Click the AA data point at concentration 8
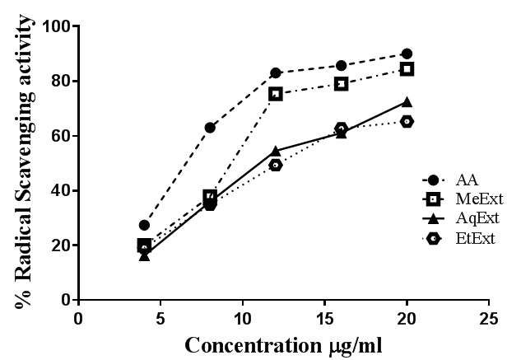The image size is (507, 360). [210, 128]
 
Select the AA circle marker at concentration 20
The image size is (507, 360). [407, 54]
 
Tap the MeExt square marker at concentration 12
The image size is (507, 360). [276, 94]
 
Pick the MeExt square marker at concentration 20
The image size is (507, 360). [407, 69]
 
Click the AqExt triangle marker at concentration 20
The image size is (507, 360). [407, 102]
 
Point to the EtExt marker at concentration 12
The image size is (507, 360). [276, 165]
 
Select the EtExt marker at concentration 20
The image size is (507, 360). [407, 121]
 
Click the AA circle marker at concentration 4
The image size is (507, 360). [144, 225]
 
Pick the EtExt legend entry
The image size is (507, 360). [463, 238]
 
